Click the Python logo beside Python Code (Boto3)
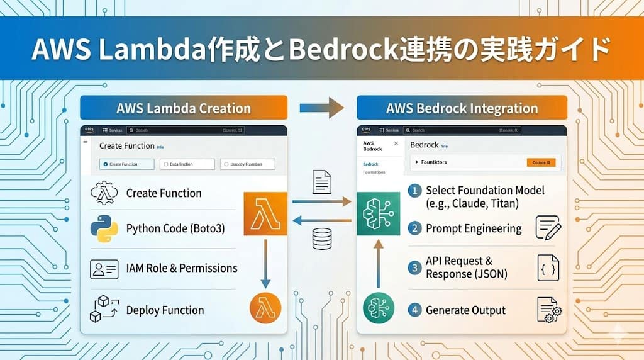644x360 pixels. [104, 228]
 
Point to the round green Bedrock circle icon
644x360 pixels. [379, 308]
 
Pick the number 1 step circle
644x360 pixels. [414, 191]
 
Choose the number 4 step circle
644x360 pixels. [414, 310]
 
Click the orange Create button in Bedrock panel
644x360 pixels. [541, 162]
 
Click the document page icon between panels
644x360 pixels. [322, 183]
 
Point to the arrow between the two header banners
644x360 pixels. [321, 108]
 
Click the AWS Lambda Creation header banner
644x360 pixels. [184, 108]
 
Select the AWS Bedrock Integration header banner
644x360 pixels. [462, 108]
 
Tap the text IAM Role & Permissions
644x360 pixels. [182, 268]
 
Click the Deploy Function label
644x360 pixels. [165, 310]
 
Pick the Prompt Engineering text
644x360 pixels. [474, 228]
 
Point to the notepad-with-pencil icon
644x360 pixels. [547, 227]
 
